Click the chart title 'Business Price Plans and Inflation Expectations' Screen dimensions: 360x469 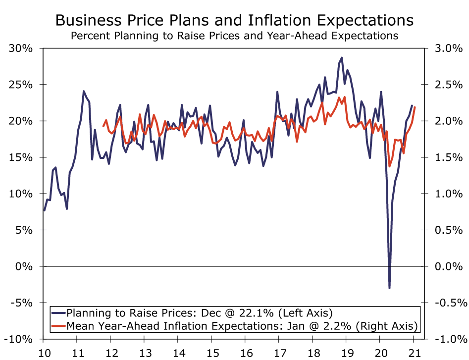point(234,20)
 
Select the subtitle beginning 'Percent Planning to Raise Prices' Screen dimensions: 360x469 point(234,36)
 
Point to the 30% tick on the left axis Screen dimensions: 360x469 point(20,49)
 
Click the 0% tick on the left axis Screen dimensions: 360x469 point(23,266)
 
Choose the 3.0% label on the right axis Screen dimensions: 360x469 point(448,49)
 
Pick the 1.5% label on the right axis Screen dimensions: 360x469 point(448,157)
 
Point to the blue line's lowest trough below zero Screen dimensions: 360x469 point(389,288)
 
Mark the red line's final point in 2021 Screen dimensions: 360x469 point(415,107)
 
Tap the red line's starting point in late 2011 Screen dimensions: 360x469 point(103,126)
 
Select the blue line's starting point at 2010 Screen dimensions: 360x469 point(44,210)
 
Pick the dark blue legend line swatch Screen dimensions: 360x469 point(58,312)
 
